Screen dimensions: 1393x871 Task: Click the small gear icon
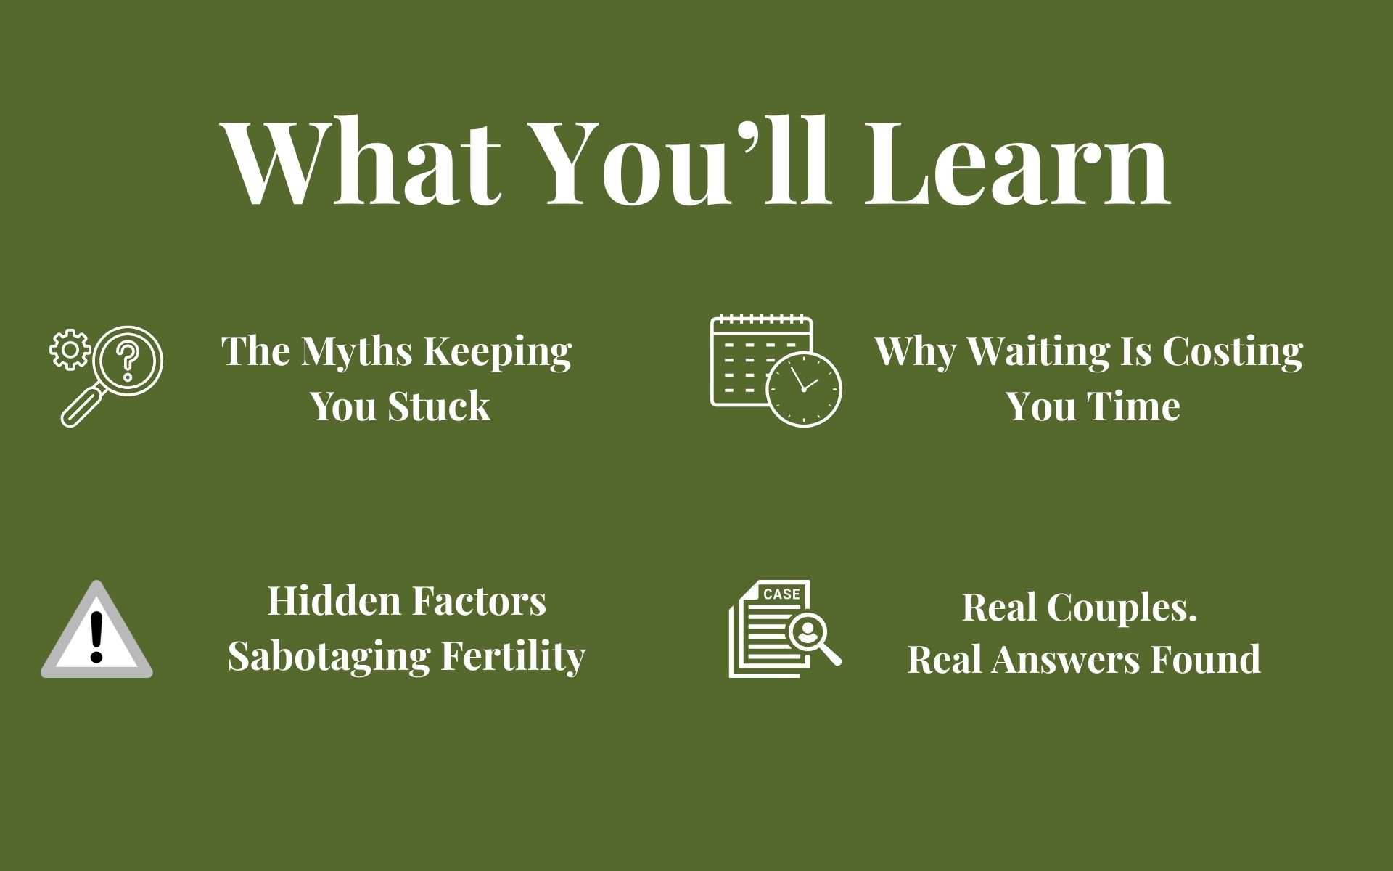pos(70,351)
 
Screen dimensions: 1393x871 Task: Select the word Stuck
pos(439,406)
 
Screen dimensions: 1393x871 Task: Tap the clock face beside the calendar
pos(804,389)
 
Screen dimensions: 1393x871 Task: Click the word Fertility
pos(513,657)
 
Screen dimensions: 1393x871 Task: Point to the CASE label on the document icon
pos(782,594)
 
